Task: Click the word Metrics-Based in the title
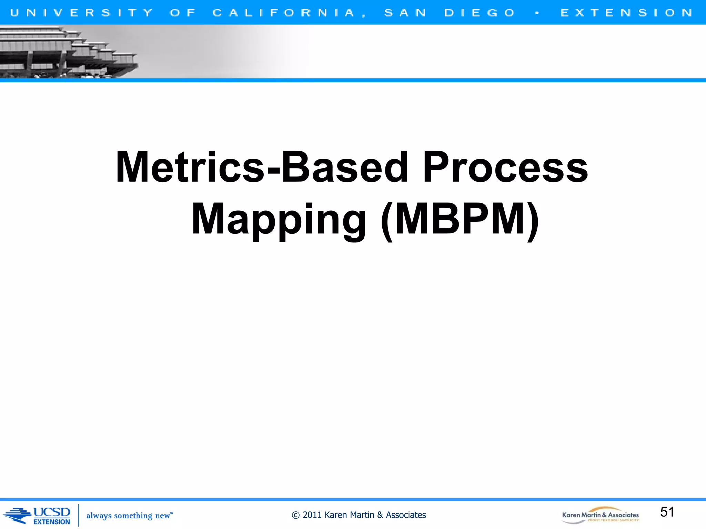tap(262, 167)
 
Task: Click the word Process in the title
tap(505, 167)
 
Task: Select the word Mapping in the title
tap(279, 219)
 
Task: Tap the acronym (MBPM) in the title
tap(460, 219)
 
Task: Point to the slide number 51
tap(667, 512)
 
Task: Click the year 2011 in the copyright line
tap(312, 515)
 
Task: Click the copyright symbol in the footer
tap(295, 515)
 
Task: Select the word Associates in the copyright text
tap(406, 515)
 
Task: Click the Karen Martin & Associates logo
tap(600, 515)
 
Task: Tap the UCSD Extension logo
tap(37, 516)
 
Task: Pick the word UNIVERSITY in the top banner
tap(81, 13)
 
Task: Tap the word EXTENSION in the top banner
tap(626, 13)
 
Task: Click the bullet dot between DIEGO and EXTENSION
tap(537, 13)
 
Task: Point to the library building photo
tap(69, 52)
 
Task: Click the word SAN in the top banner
tap(405, 13)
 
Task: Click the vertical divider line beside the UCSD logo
tap(79, 515)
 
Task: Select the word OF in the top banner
tap(183, 13)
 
